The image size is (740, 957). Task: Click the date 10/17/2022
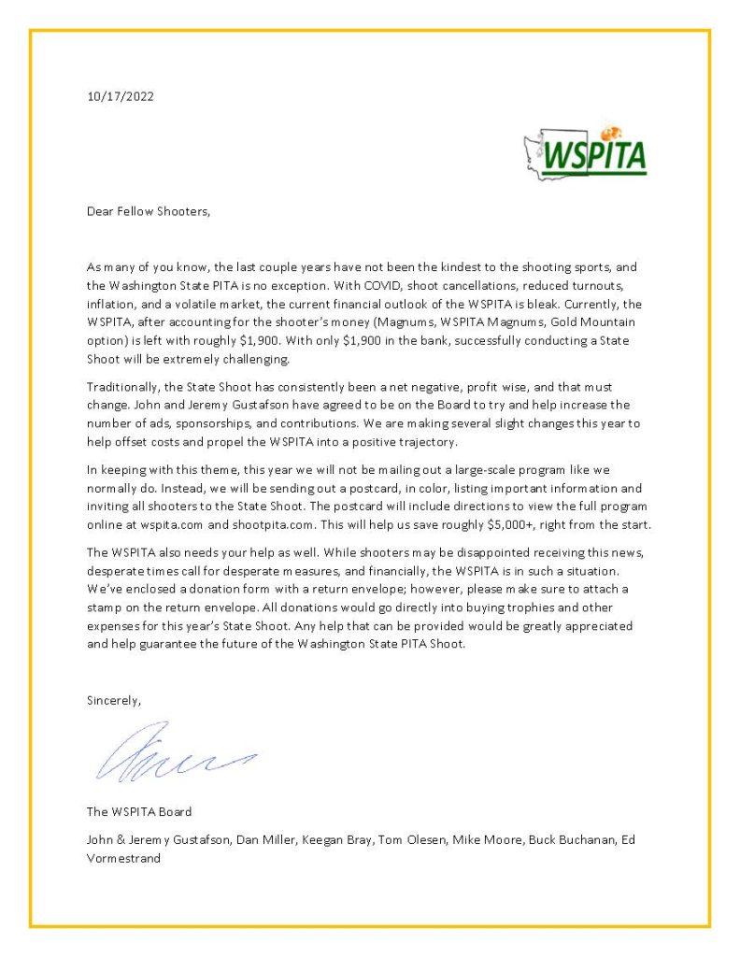(121, 96)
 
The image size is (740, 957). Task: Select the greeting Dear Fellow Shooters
(149, 211)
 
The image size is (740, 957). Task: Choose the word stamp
(105, 607)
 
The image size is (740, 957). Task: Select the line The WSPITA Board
(139, 811)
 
